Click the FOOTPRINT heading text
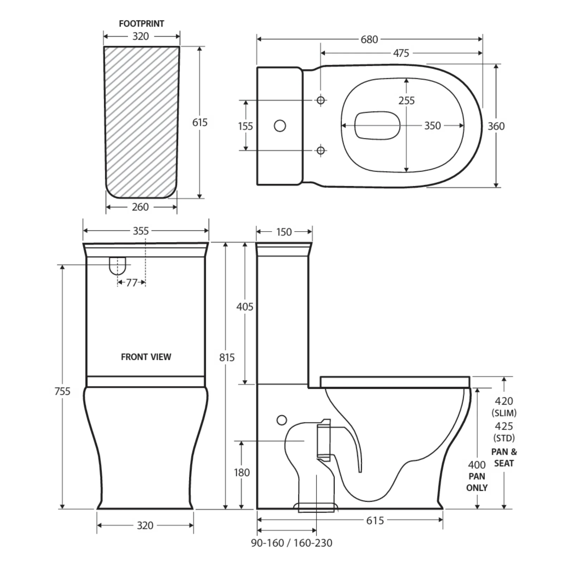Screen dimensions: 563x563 click(141, 24)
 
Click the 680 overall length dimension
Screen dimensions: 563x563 click(369, 39)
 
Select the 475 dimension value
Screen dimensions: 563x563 click(401, 53)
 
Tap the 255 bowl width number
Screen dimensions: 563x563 click(406, 101)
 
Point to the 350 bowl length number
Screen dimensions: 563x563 click(432, 126)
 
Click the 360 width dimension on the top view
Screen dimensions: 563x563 click(496, 126)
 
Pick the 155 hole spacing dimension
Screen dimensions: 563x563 click(245, 126)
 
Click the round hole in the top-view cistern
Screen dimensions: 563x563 click(280, 126)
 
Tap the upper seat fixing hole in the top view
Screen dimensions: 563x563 click(321, 100)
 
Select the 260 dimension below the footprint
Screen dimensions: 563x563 click(140, 207)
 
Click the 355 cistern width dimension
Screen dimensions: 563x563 click(140, 231)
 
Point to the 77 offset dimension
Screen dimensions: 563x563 click(132, 283)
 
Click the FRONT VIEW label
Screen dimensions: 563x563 click(146, 357)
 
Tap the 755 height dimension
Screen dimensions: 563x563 click(62, 391)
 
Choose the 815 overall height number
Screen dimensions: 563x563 click(227, 358)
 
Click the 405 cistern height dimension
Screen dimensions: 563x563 click(245, 307)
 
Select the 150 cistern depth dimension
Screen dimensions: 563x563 click(284, 232)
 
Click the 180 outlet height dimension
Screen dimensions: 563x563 click(242, 472)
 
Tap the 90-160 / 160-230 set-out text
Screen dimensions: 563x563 click(291, 543)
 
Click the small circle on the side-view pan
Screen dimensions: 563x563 click(281, 420)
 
